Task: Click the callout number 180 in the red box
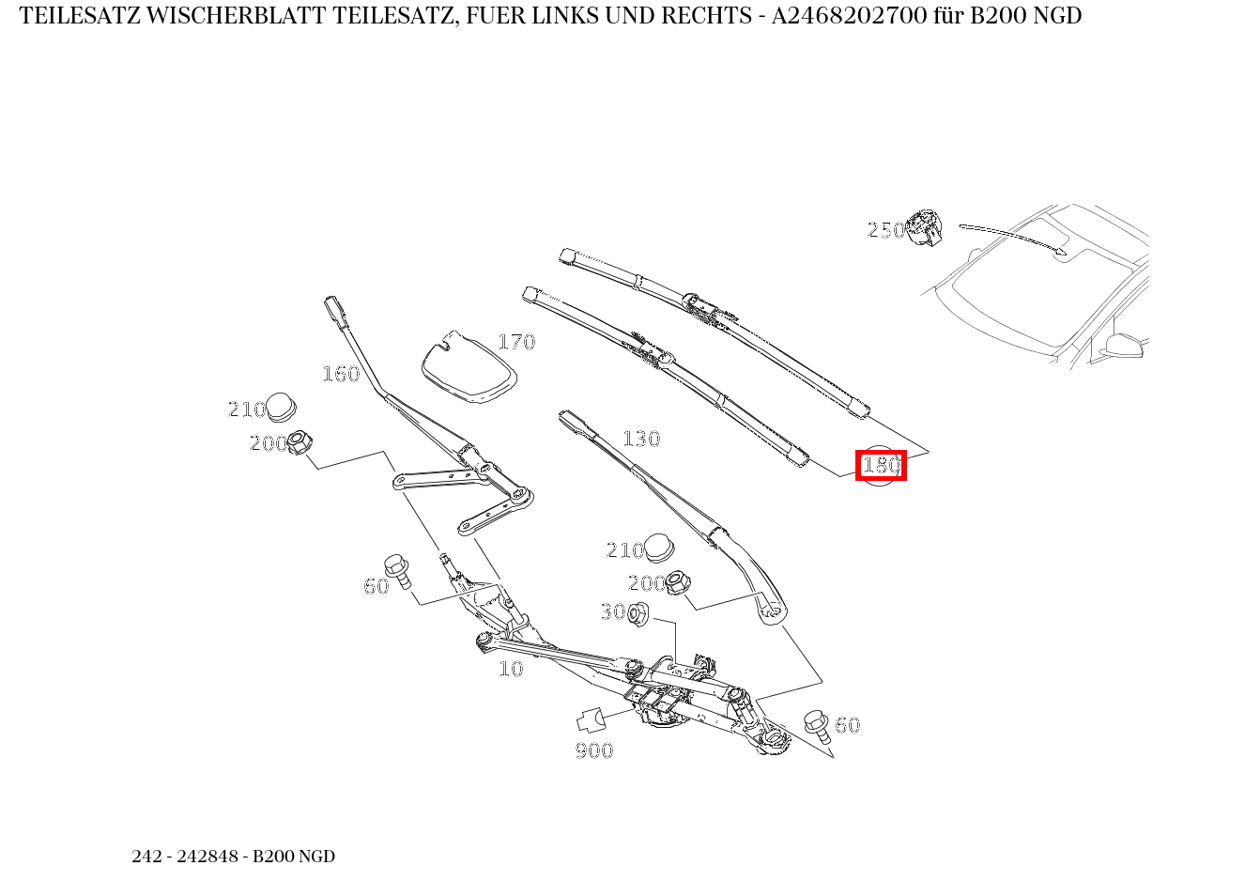click(x=881, y=465)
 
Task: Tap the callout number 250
click(x=885, y=230)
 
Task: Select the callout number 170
click(x=515, y=342)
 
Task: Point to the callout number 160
click(x=341, y=374)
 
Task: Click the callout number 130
click(x=641, y=439)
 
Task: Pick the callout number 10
click(x=511, y=669)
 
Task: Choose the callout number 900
click(x=594, y=750)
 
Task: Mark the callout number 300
click(x=613, y=611)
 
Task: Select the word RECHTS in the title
click(x=711, y=16)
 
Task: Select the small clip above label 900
click(x=590, y=720)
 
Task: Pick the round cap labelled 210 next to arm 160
click(x=282, y=408)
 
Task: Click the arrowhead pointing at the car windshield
click(x=1063, y=251)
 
